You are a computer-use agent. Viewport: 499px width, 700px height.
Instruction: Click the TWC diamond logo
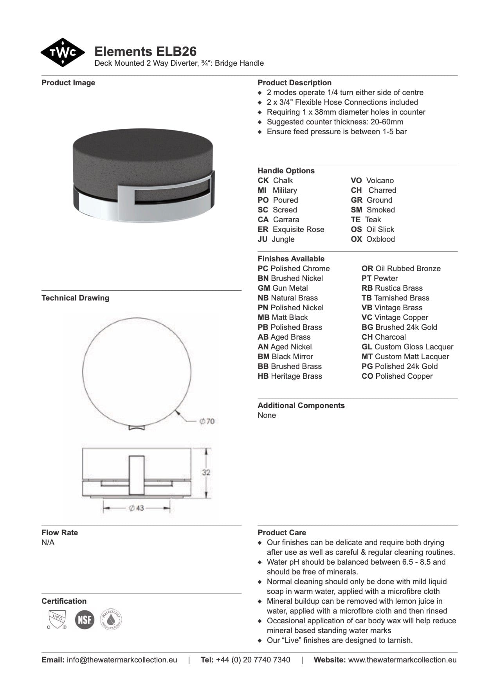coord(62,52)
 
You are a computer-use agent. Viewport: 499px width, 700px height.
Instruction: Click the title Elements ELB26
coord(145,52)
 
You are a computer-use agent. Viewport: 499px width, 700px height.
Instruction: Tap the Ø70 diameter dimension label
coord(207,421)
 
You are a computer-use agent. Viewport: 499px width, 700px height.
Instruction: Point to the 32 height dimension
coord(206,472)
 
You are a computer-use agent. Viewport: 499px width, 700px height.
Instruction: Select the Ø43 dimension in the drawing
coord(136,508)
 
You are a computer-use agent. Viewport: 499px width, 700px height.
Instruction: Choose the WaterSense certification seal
coord(111,619)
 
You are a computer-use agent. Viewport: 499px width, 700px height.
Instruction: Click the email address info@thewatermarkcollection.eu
coord(122,660)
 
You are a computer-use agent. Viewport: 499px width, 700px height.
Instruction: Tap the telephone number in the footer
coord(253,660)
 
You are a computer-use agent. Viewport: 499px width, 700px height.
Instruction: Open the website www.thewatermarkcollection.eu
coord(402,660)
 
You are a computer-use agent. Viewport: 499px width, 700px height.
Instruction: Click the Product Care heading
coord(282,533)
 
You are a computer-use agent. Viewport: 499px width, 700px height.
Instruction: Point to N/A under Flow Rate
coord(48,542)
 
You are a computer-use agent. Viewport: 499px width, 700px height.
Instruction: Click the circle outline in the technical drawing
coord(83,371)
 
